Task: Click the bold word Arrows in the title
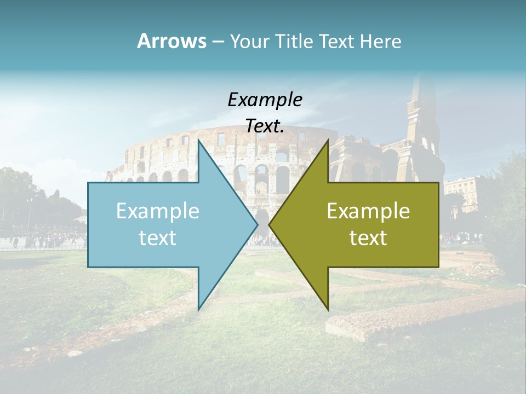[x=171, y=42]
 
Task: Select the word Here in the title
[x=381, y=42]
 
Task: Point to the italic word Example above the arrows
[x=265, y=100]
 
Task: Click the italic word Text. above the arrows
[x=265, y=126]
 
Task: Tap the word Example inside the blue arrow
[x=158, y=211]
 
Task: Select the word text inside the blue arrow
[x=158, y=238]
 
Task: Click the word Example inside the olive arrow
[x=368, y=211]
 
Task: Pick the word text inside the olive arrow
[x=368, y=238]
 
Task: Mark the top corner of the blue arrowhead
[x=198, y=141]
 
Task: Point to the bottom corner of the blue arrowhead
[x=198, y=309]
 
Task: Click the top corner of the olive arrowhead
[x=328, y=141]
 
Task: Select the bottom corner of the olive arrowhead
[x=328, y=309]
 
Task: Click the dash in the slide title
[x=218, y=42]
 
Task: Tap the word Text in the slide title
[x=336, y=42]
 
